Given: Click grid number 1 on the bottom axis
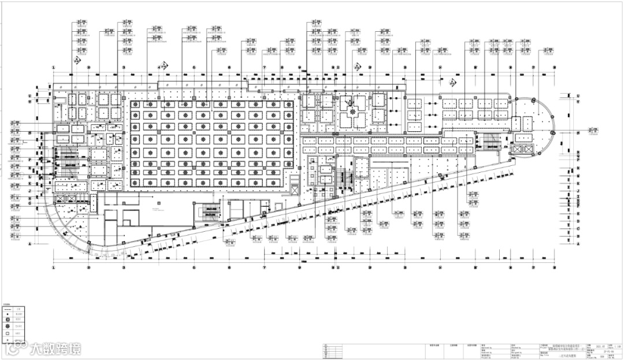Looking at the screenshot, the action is click(x=54, y=268).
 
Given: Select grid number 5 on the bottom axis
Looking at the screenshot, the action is click(x=194, y=268).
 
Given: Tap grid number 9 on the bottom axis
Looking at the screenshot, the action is click(x=335, y=268).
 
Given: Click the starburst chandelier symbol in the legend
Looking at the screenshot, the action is click(x=8, y=326).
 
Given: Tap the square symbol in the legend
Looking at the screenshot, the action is click(x=8, y=333).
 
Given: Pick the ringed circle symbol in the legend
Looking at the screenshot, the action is click(x=8, y=319).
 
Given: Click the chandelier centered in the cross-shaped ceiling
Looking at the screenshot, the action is click(x=352, y=111).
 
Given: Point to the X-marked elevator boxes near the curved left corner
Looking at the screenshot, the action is click(x=61, y=200).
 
